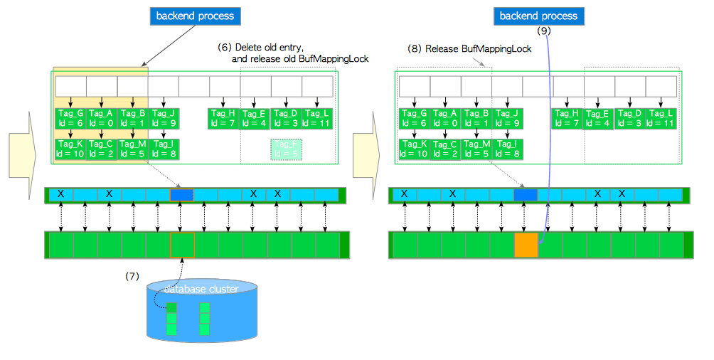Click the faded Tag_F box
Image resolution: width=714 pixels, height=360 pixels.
pyautogui.click(x=287, y=149)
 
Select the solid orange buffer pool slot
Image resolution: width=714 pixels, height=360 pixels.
pyautogui.click(x=526, y=244)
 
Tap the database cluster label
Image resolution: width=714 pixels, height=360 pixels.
pyautogui.click(x=201, y=289)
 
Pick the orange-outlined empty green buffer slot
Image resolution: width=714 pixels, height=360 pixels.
pyautogui.click(x=182, y=244)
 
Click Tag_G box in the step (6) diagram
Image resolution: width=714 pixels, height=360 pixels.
pyautogui.click(x=71, y=118)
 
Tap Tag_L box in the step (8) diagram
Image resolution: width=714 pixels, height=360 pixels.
pyautogui.click(x=661, y=118)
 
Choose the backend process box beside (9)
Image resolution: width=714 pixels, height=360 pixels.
pyautogui.click(x=538, y=16)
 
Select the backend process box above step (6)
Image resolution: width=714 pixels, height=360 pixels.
pyautogui.click(x=195, y=15)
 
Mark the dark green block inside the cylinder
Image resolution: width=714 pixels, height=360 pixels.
pyautogui.click(x=171, y=308)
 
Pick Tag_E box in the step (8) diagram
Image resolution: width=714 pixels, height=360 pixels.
pyautogui.click(x=598, y=118)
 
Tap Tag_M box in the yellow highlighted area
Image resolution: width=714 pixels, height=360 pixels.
pyautogui.click(x=133, y=149)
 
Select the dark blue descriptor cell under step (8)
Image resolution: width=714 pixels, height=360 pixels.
pyautogui.click(x=526, y=194)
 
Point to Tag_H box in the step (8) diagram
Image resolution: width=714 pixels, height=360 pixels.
pyautogui.click(x=568, y=118)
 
